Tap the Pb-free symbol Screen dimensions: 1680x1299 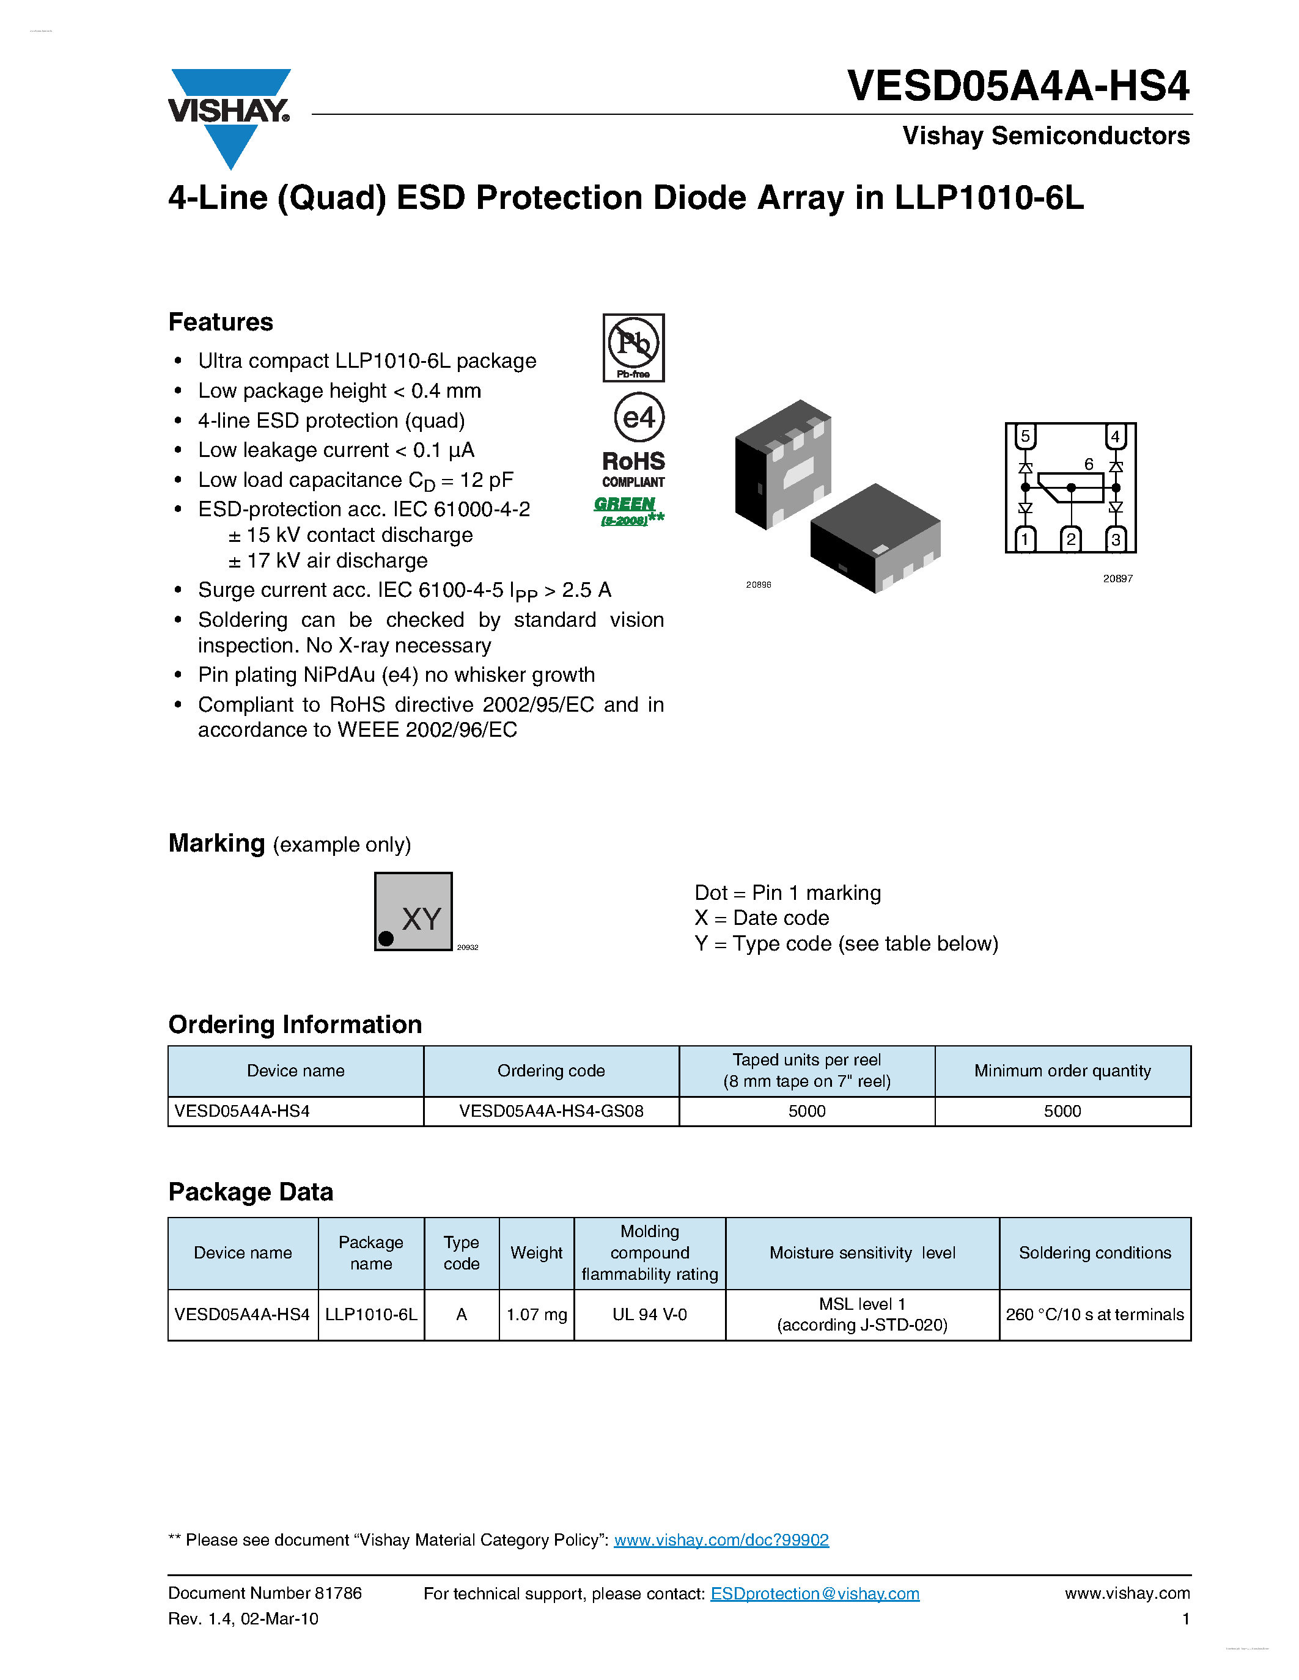[x=633, y=347]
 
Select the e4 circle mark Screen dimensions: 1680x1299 [x=639, y=418]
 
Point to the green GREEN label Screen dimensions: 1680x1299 [x=625, y=504]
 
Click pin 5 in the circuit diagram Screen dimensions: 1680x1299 [x=1025, y=437]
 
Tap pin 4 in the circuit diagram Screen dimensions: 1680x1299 [x=1115, y=437]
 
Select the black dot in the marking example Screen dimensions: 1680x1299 [x=386, y=938]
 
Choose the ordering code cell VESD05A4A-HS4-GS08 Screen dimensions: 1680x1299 [x=551, y=1111]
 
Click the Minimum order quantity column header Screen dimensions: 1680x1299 [x=1062, y=1071]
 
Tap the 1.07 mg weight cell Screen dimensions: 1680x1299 [x=536, y=1315]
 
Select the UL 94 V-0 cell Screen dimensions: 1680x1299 [x=649, y=1315]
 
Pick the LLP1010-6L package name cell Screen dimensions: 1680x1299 [x=371, y=1315]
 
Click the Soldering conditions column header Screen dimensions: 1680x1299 [x=1094, y=1252]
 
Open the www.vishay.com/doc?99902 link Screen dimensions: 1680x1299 [x=721, y=1540]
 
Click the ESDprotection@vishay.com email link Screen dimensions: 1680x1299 [x=814, y=1594]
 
